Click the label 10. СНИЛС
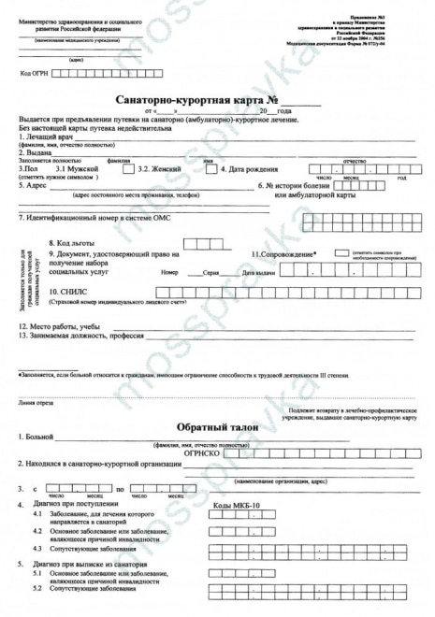click(x=69, y=292)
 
